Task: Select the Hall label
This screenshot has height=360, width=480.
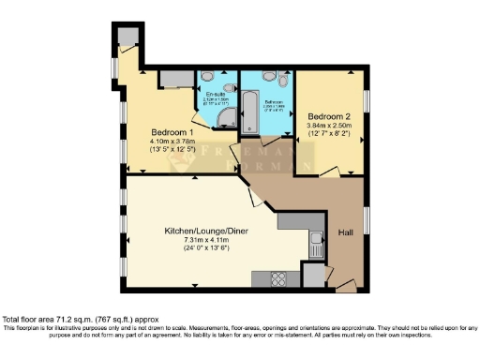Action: (345, 232)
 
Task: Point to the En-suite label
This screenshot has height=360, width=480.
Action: (216, 95)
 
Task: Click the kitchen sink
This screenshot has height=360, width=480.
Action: (317, 245)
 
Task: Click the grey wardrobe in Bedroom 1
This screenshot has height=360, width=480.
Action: (174, 78)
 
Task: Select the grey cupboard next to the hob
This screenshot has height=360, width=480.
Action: (311, 275)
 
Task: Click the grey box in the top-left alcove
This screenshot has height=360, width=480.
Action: (127, 37)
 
